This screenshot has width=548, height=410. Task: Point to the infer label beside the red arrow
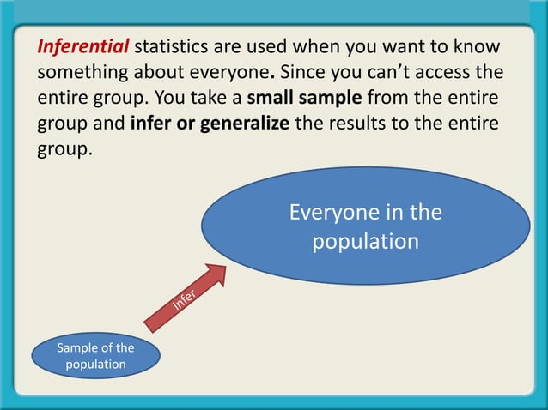(185, 298)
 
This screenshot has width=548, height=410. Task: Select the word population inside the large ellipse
(365, 241)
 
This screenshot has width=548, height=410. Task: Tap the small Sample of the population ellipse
(95, 356)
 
